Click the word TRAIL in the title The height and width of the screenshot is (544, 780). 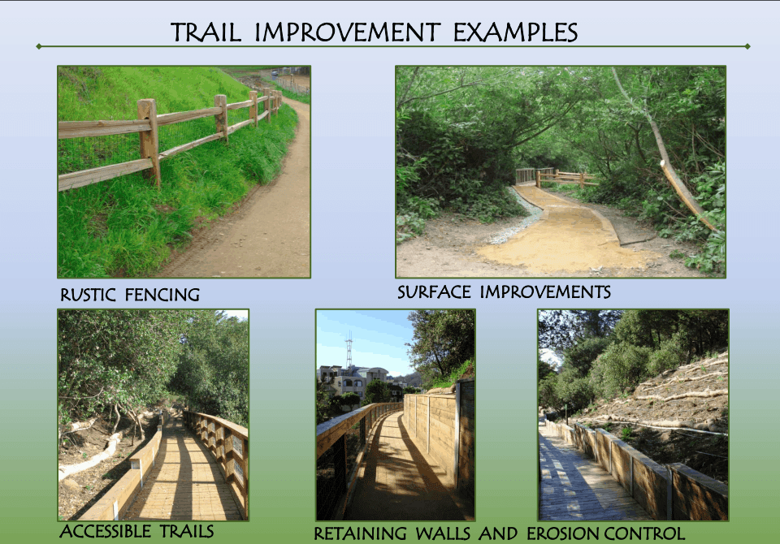pyautogui.click(x=206, y=32)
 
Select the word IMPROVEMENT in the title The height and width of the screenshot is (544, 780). pyautogui.click(x=347, y=32)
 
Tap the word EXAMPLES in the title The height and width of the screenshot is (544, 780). pyautogui.click(x=515, y=32)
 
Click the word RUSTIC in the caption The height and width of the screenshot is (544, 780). pyautogui.click(x=88, y=295)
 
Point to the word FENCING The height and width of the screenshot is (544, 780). pyautogui.click(x=162, y=295)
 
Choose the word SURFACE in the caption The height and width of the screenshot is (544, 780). pyautogui.click(x=434, y=291)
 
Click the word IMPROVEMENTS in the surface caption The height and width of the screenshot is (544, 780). pyautogui.click(x=545, y=291)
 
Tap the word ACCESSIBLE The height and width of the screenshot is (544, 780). pyautogui.click(x=105, y=531)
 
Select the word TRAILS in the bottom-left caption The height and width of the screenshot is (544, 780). pyautogui.click(x=187, y=531)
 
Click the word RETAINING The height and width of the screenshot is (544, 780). pyautogui.click(x=360, y=533)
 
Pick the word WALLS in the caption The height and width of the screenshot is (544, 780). pyautogui.click(x=443, y=533)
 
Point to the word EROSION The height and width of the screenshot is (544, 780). pyautogui.click(x=562, y=533)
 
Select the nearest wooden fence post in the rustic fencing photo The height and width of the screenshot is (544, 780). pyautogui.click(x=149, y=142)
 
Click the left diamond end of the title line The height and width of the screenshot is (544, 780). pyautogui.click(x=39, y=46)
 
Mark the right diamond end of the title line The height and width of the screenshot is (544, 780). pyautogui.click(x=747, y=46)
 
